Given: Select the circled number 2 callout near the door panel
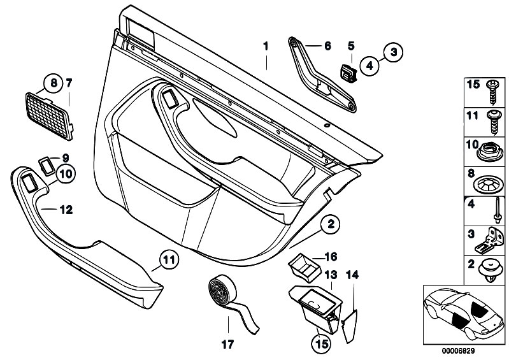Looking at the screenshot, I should (x=331, y=224).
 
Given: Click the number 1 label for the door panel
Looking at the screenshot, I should (x=266, y=46).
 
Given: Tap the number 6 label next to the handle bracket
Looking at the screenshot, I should (x=327, y=46).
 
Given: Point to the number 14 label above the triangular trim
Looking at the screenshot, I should (x=353, y=275).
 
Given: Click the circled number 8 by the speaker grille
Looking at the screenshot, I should (x=54, y=82).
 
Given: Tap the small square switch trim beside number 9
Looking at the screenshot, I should (x=47, y=163).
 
